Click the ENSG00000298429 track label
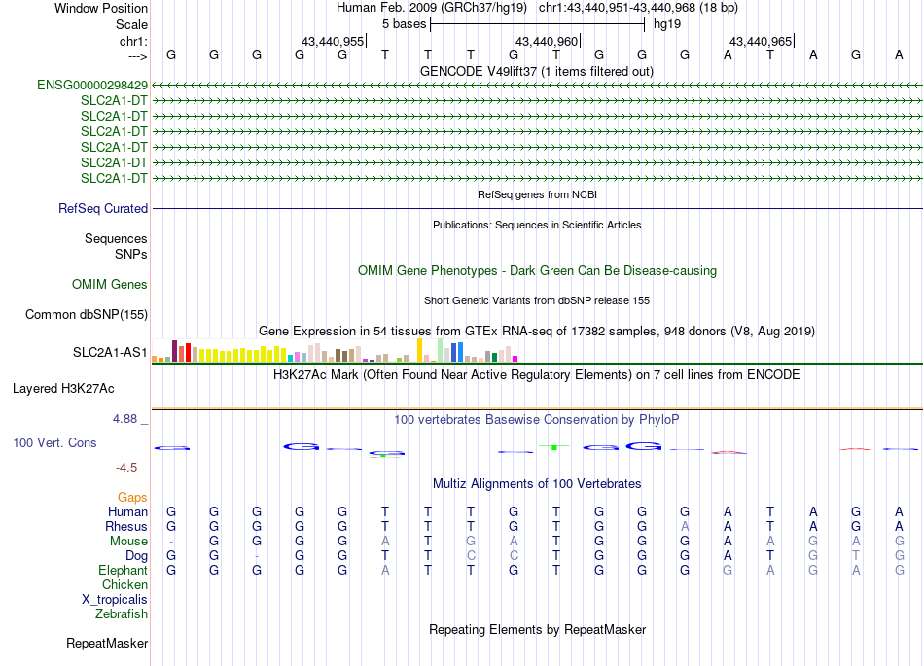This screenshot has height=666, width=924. click(92, 86)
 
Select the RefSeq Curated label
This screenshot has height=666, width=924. click(103, 208)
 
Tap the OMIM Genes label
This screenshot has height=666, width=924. click(110, 285)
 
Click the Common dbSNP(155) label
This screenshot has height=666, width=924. click(87, 314)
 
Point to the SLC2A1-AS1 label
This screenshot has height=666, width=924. click(110, 352)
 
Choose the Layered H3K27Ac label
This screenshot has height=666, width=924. click(63, 388)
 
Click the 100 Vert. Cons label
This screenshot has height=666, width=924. click(54, 442)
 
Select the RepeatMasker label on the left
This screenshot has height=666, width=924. click(107, 643)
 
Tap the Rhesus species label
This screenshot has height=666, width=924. click(126, 526)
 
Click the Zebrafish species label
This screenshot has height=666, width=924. click(122, 613)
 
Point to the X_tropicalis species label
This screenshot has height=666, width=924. click(115, 599)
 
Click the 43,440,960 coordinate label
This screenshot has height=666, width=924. click(547, 42)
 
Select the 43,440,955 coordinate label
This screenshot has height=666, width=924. click(333, 42)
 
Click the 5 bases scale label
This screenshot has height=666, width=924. click(402, 22)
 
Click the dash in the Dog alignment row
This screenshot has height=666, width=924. click(257, 555)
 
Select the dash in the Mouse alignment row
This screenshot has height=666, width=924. click(171, 541)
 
